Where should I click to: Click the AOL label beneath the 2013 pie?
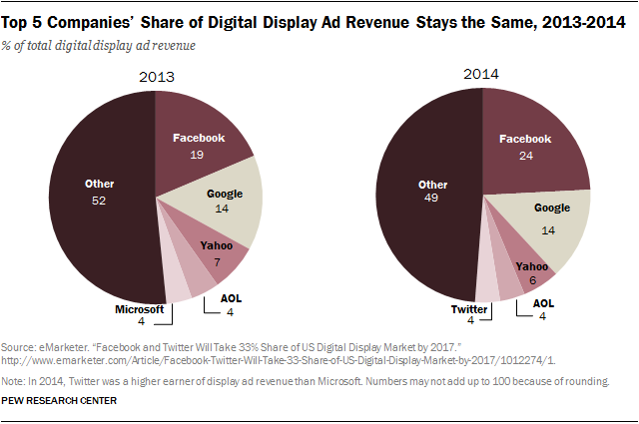coord(232,298)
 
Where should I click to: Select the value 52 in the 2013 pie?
coord(97,200)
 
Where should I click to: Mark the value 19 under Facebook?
coord(197,156)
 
